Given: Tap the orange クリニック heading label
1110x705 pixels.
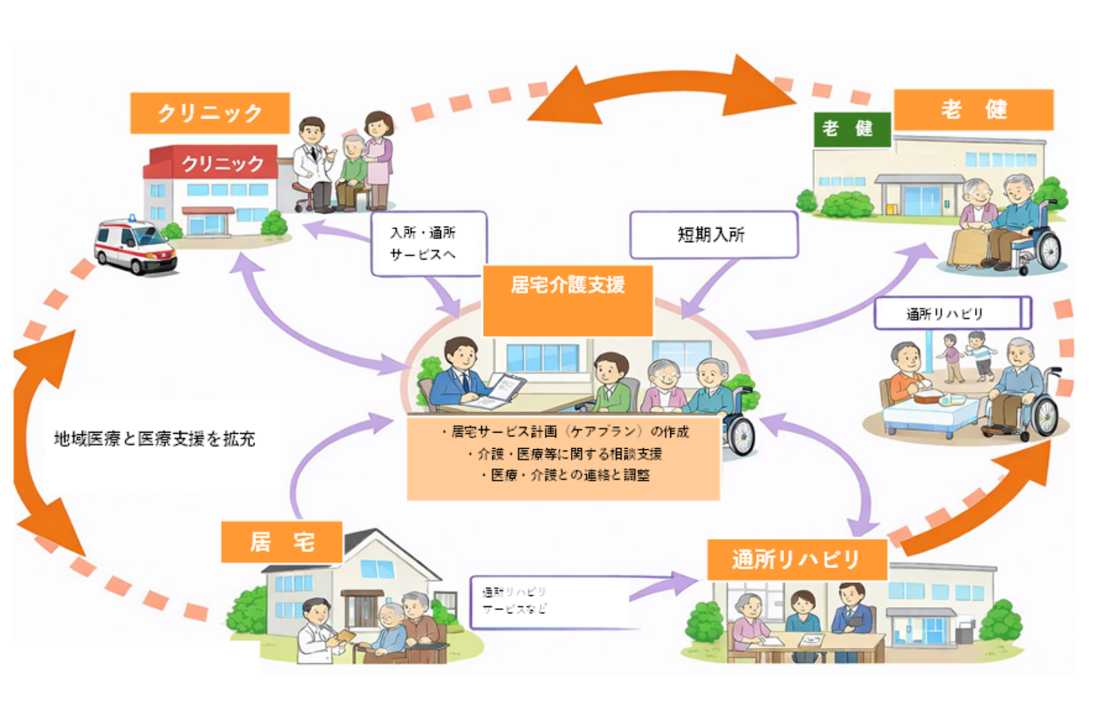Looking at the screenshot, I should pos(210,113).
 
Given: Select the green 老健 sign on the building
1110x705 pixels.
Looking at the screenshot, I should pos(852,129).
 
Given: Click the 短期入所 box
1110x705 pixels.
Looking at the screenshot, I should pos(713,234).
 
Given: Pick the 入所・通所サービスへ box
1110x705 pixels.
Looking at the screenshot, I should pos(427,243).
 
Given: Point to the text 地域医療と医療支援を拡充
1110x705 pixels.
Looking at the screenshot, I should pos(155,439).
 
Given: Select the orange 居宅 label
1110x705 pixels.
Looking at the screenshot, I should pos(282,542).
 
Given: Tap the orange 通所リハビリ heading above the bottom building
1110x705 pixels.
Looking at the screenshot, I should pos(796,559).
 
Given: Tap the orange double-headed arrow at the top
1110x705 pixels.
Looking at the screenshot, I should pos(661,90).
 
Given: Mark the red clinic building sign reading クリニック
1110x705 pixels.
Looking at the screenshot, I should pos(222,163).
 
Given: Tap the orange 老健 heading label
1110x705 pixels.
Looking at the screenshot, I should pos(973,110).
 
